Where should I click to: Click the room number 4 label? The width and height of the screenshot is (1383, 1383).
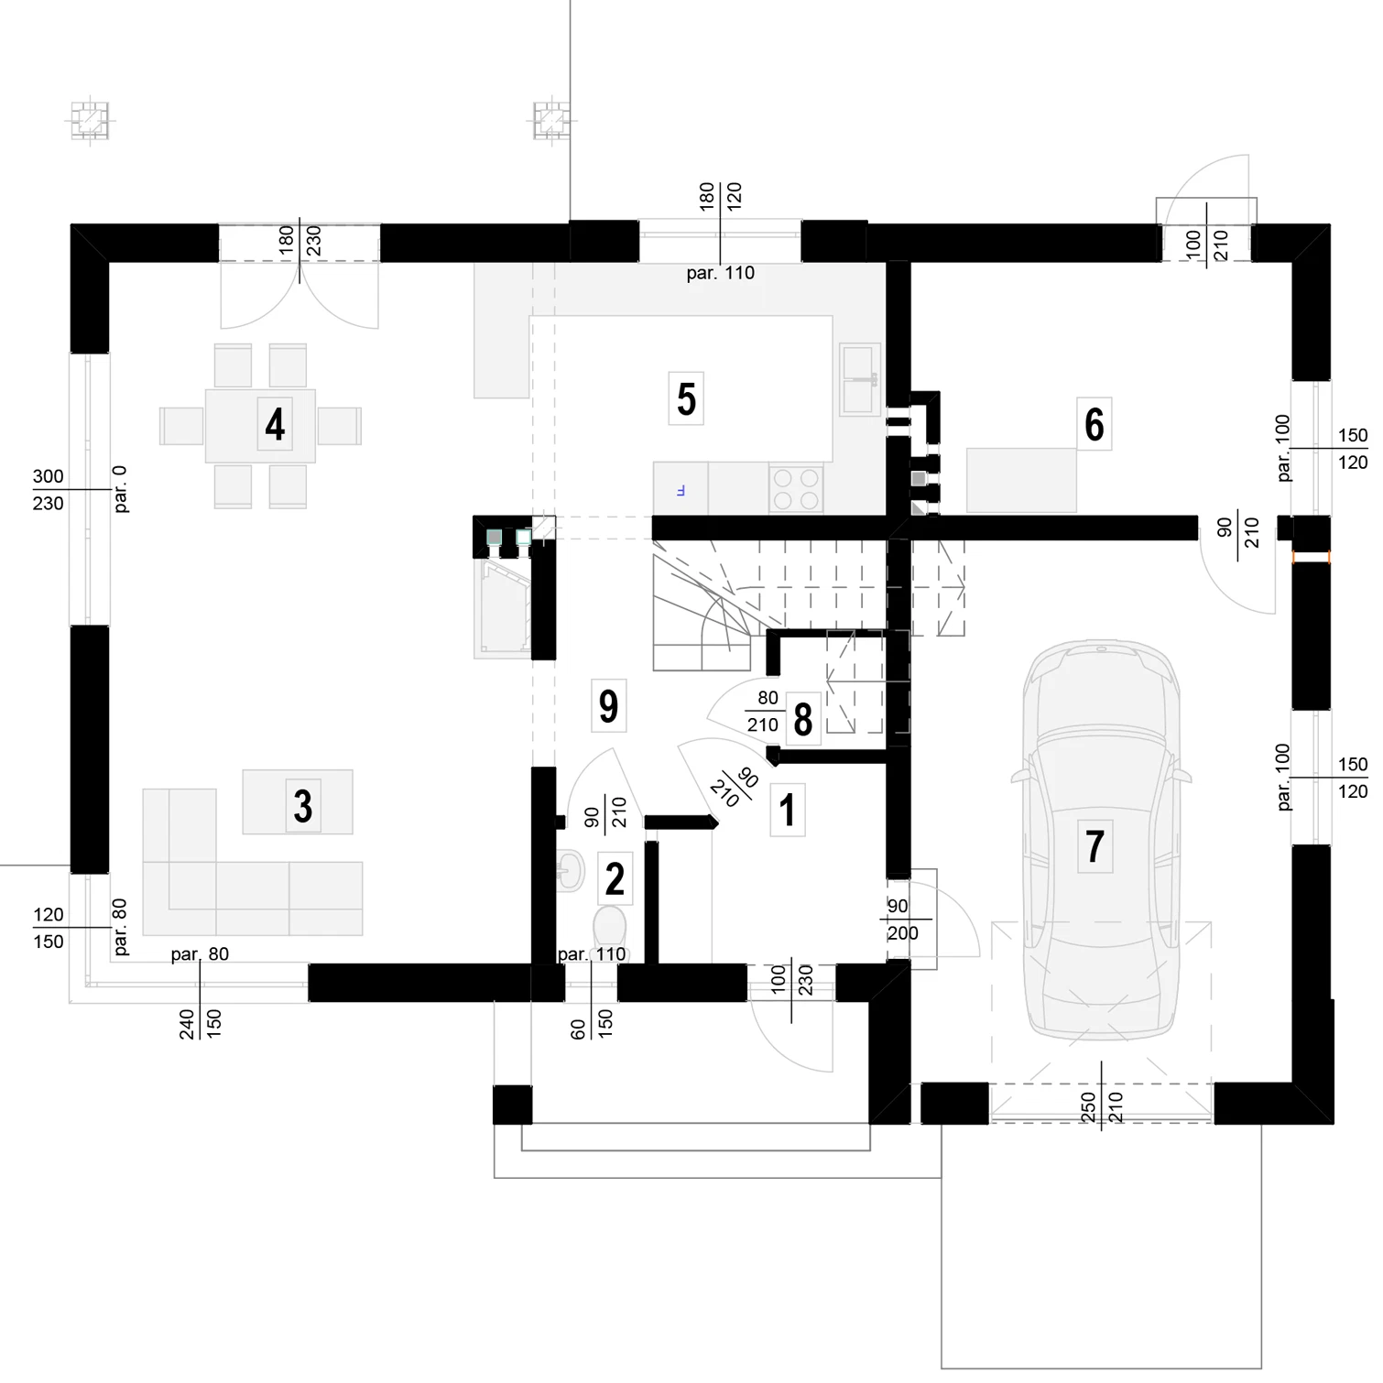[275, 425]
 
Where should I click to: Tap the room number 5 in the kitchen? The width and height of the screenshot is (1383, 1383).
[686, 399]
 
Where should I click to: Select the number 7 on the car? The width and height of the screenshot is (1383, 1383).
[1094, 846]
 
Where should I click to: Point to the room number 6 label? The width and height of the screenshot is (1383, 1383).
[1094, 424]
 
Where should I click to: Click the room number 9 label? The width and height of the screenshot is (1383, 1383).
[608, 706]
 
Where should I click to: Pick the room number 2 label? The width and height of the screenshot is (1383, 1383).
[615, 879]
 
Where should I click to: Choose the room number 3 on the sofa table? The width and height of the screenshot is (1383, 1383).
[303, 806]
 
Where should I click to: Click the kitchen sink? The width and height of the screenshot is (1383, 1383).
[860, 379]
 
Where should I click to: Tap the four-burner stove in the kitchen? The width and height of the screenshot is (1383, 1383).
[796, 488]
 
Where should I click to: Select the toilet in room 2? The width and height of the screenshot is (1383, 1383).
[610, 927]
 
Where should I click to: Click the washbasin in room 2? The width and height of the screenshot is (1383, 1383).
[570, 869]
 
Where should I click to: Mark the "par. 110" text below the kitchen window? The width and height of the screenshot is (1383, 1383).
[721, 273]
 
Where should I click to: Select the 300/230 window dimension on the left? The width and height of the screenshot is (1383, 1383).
[49, 490]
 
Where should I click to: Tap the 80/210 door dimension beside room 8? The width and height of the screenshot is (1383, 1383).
[763, 712]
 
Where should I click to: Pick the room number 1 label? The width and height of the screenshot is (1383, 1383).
[787, 810]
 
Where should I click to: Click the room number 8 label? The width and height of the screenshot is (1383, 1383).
[803, 720]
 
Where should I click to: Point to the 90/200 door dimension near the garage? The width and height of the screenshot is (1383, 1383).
[902, 920]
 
